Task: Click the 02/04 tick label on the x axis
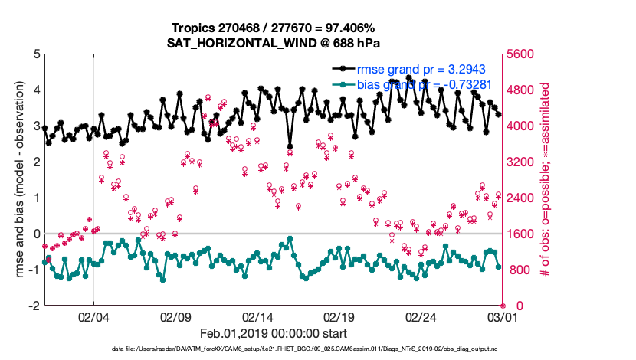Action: pyautogui.click(x=93, y=316)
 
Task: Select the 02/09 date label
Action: pyautogui.click(x=175, y=316)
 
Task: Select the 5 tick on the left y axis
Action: pyautogui.click(x=36, y=54)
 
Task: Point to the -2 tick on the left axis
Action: pyautogui.click(x=34, y=306)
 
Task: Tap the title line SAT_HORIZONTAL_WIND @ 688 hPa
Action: pyautogui.click(x=274, y=43)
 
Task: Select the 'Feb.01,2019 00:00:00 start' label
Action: pyautogui.click(x=274, y=334)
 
